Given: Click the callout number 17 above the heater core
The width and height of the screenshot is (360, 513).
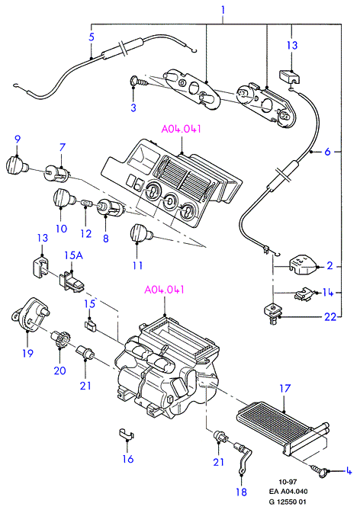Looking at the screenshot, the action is pos(285,388).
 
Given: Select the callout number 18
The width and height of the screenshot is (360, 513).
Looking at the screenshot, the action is pos(241,492).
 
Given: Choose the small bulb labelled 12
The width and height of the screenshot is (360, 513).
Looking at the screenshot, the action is pos(86,204).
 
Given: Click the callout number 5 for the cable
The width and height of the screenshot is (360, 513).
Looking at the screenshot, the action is pos(92,37).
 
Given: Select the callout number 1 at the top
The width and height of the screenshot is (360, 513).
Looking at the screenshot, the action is pos(223,10).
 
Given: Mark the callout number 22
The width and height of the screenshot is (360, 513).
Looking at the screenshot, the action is pos(330,316).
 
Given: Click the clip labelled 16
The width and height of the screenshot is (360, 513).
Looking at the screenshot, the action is pos(127,434).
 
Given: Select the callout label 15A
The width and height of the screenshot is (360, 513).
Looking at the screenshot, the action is pos(73,255).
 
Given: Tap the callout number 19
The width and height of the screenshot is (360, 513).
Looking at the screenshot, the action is pos(27,353).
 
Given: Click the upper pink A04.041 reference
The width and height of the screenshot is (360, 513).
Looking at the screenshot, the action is pos(181,129).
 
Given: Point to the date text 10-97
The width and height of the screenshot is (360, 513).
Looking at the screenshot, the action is pos(288,482).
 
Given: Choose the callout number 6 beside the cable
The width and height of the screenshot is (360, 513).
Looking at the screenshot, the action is pos(327,152).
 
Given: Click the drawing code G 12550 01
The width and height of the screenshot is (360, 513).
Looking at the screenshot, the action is pos(288,502).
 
